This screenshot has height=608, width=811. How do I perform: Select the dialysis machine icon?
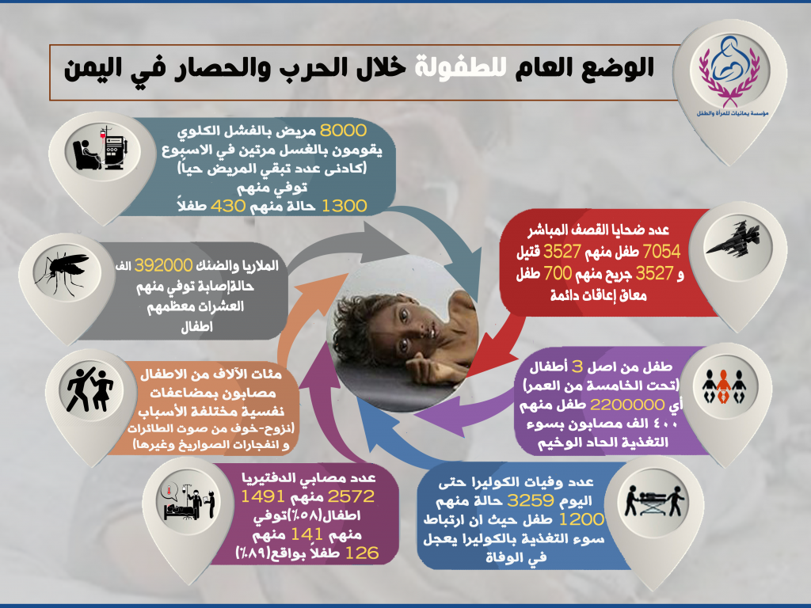point(101,148)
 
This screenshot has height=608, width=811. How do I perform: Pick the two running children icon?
point(89,389)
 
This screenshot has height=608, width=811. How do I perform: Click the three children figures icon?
point(723,386)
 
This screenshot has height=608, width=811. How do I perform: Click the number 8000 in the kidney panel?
point(343,131)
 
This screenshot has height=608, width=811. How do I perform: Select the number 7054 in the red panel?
point(661,252)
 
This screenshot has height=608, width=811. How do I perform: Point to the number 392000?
point(163,266)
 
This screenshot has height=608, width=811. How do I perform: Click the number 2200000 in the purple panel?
point(627,405)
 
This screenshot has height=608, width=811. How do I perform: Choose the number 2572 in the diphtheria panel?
point(351,496)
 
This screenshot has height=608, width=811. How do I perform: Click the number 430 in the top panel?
point(227,206)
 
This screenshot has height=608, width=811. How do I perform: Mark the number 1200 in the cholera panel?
point(581,519)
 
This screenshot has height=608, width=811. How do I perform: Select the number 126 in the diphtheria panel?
point(361,553)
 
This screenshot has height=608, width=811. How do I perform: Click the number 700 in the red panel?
point(558,273)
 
